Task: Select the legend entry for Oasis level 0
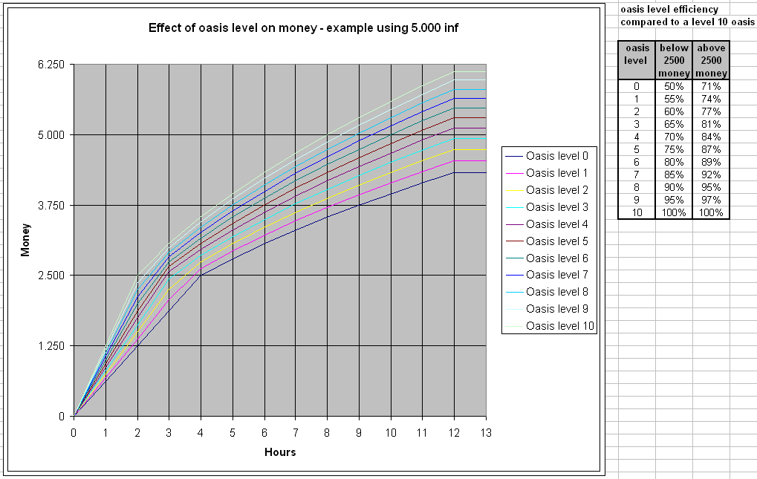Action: tap(557, 156)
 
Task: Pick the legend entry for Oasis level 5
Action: tap(557, 241)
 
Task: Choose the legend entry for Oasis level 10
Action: tap(559, 326)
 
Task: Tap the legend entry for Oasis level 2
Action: tap(557, 190)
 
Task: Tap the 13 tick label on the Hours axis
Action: tap(486, 432)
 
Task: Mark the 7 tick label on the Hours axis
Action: tap(296, 432)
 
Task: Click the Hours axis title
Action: tap(280, 452)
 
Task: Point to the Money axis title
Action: tap(25, 241)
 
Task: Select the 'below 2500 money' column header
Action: tap(674, 60)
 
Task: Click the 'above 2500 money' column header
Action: tap(711, 60)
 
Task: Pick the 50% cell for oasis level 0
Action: tap(674, 86)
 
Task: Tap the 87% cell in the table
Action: tap(711, 149)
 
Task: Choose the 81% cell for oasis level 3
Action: tap(711, 124)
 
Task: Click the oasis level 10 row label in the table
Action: tap(637, 212)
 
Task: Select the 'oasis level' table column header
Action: tap(637, 54)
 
